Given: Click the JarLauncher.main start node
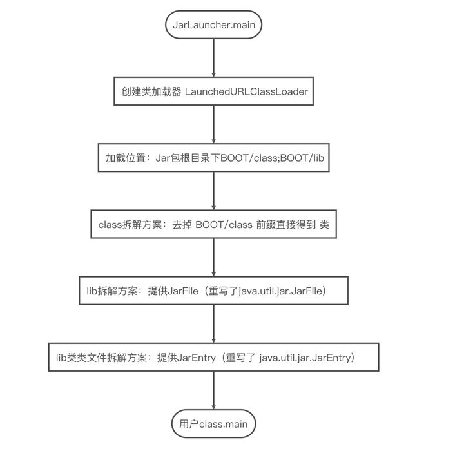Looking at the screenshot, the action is [x=214, y=24].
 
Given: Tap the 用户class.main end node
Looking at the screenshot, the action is [x=214, y=424].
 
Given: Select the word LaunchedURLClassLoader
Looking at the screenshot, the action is [x=246, y=91].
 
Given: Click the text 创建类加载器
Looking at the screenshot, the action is [x=151, y=91].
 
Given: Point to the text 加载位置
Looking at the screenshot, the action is [x=126, y=158].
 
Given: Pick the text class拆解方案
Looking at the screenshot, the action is [x=130, y=224].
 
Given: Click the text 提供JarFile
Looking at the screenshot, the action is [x=173, y=291].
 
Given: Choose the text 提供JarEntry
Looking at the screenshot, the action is [x=186, y=358].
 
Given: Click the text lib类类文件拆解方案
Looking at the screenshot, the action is [x=102, y=358].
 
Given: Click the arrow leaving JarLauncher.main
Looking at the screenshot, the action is [x=214, y=58].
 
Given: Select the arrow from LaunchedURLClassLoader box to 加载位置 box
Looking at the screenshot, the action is [x=214, y=124].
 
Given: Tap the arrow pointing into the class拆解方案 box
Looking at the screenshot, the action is [x=214, y=191].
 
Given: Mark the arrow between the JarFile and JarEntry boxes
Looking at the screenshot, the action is [x=214, y=324].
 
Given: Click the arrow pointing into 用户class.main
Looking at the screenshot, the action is [x=214, y=390].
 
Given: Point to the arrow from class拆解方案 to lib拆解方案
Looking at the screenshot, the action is [x=214, y=257].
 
